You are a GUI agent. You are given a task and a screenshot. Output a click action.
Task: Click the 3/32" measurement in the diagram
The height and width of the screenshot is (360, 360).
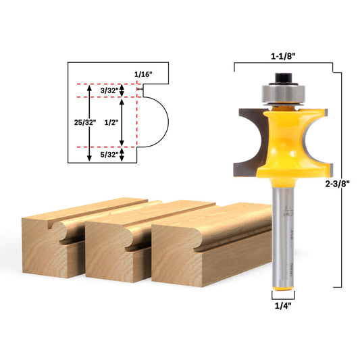tap(108, 90)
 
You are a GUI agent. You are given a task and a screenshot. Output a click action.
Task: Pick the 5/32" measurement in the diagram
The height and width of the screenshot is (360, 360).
tap(108, 155)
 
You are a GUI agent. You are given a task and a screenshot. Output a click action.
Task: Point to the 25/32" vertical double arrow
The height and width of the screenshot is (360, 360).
tap(91, 123)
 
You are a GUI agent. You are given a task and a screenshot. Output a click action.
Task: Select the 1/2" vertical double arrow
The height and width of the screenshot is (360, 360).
tap(122, 122)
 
